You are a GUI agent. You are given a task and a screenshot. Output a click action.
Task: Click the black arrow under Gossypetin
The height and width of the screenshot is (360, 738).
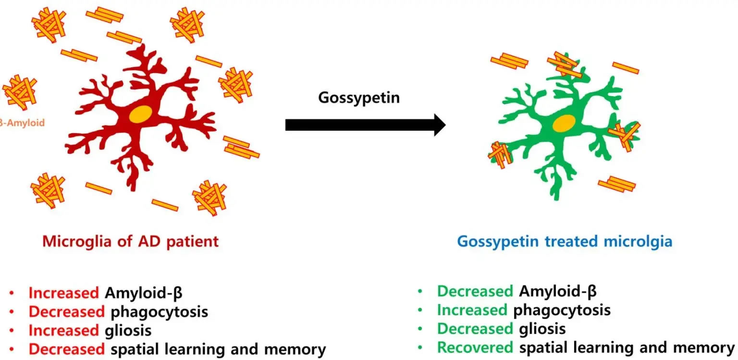pos(365,124)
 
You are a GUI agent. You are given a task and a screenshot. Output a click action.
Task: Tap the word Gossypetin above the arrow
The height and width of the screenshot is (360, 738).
pos(359,98)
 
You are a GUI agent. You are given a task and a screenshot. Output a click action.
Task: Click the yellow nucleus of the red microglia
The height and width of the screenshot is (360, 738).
pos(141,114)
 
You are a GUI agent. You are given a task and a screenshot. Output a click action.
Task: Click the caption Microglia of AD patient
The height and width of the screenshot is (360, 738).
pos(130,240)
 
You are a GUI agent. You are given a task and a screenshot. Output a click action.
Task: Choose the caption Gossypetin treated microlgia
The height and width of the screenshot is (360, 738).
pos(565,240)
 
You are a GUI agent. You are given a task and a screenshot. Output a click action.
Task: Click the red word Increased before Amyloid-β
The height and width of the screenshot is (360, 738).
pos(64,293)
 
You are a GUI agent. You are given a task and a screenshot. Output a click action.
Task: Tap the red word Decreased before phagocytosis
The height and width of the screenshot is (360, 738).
pos(66,311)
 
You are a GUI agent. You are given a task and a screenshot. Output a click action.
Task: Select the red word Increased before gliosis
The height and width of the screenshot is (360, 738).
pos(64,331)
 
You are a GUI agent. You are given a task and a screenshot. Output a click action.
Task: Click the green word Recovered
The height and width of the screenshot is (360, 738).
pos(474,348)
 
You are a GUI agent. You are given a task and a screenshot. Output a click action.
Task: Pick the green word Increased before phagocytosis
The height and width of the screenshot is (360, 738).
pos(472,310)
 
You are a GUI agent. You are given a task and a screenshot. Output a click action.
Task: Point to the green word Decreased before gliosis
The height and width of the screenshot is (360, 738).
pos(475,329)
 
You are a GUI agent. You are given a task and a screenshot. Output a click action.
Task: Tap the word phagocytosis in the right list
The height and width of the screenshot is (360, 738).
pos(562,310)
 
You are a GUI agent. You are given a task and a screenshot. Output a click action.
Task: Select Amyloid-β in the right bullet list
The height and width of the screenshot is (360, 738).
pos(558,291)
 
